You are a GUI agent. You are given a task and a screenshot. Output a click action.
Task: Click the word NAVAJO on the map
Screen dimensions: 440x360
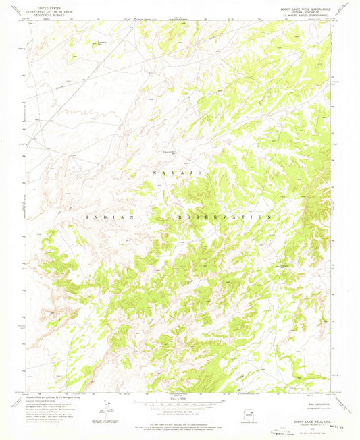tap(183, 174)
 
